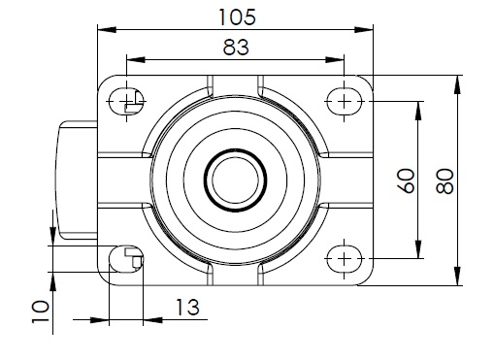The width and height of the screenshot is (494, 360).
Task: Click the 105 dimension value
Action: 238,17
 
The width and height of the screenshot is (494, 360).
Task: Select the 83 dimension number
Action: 236,48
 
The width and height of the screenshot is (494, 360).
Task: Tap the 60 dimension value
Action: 407,180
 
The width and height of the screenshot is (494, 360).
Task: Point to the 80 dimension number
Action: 445,181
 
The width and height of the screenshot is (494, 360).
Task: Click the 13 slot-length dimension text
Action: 187,308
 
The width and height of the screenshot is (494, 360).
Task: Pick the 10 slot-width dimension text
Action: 41,311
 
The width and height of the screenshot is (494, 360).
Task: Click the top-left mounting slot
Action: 126,102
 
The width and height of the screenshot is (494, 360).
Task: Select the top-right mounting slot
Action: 345,102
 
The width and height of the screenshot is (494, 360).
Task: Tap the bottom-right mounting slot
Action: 345,259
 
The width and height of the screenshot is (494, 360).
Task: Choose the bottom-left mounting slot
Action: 126,259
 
